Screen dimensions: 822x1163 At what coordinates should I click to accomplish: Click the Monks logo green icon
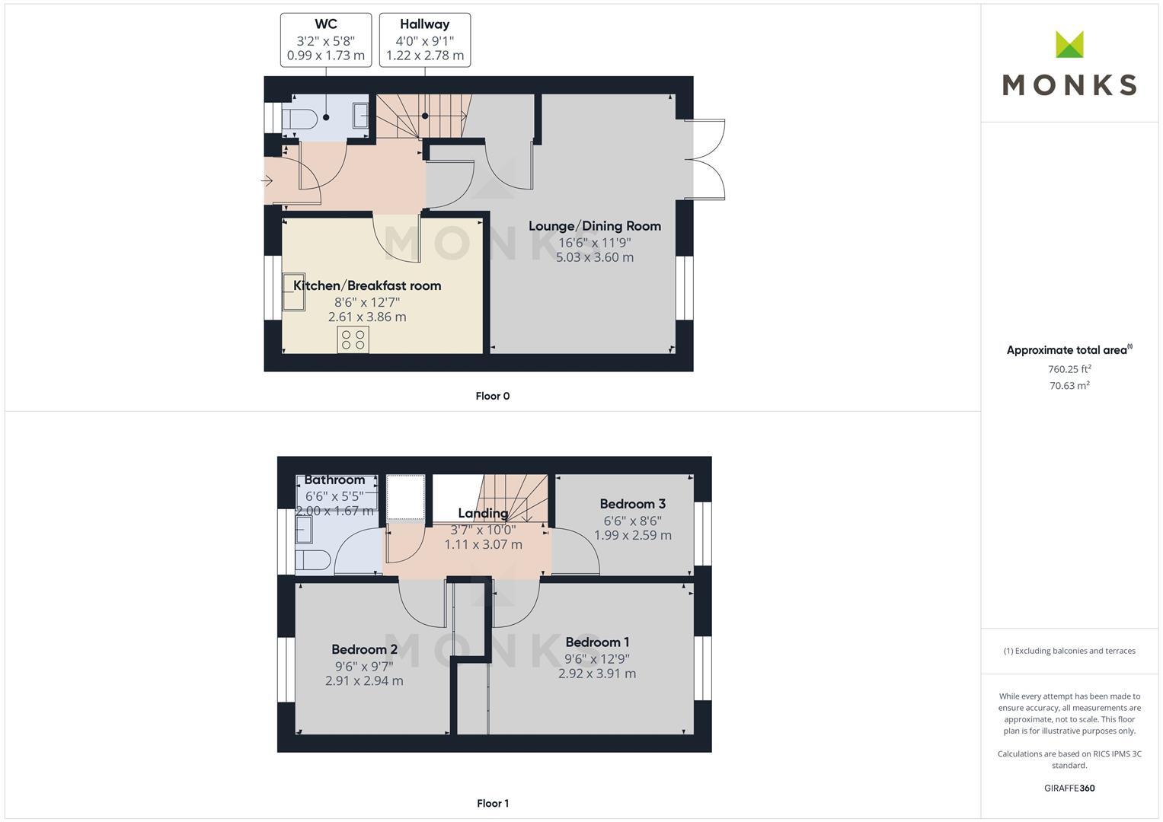1069,44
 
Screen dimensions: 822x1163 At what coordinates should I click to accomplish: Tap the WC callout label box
326,40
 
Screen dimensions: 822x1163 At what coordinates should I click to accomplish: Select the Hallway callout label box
424,40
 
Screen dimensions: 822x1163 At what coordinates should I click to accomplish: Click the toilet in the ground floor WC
299,119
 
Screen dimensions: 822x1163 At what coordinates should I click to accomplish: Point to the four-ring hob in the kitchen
353,339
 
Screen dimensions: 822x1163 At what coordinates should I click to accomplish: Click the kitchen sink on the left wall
293,292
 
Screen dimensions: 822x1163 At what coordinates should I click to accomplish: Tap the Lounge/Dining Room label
594,226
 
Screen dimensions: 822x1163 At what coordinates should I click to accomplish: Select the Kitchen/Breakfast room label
367,285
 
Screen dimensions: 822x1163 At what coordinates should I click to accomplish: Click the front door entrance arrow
267,180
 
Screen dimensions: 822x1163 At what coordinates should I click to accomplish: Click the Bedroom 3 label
632,504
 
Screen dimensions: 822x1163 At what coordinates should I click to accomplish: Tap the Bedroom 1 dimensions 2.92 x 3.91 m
596,674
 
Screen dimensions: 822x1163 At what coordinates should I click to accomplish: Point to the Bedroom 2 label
364,649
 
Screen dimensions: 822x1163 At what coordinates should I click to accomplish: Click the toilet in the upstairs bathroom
313,560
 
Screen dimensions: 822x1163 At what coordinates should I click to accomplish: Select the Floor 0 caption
492,396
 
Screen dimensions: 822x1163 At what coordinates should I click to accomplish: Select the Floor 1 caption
492,803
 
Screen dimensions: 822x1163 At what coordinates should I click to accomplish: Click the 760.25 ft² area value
1069,369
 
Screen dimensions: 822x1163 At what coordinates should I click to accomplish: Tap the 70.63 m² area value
1069,386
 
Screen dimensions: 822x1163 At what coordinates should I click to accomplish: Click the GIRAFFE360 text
1069,788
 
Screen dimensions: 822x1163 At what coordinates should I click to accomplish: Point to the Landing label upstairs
483,513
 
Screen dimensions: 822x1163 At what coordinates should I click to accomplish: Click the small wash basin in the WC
361,116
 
